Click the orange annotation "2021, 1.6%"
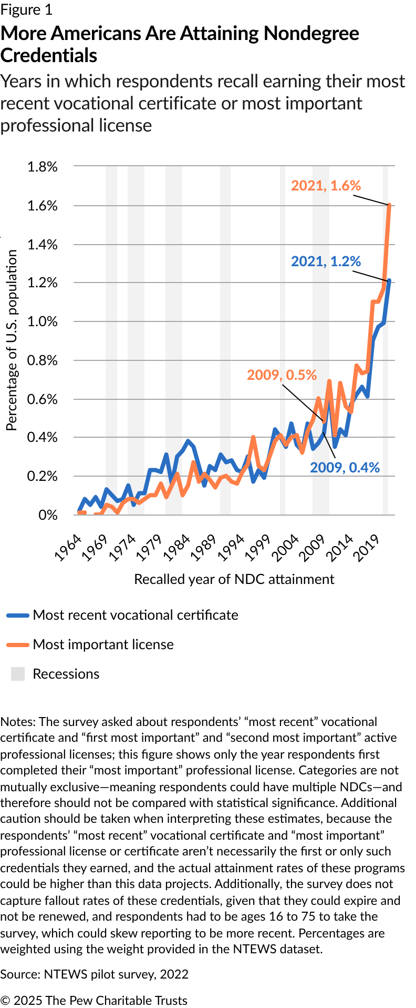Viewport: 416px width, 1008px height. point(326,186)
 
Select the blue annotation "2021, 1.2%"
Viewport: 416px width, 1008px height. point(326,261)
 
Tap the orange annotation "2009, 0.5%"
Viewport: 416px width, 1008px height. point(282,375)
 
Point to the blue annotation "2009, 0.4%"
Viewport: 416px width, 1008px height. point(345,468)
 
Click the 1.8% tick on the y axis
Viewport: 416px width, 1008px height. point(42,167)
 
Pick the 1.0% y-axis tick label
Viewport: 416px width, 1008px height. point(42,321)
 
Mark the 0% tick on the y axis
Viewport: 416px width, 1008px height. point(48,515)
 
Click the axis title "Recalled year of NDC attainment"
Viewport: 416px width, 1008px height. point(234,579)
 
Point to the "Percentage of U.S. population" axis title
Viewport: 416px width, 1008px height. point(12,340)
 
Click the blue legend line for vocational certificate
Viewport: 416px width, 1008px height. point(18,615)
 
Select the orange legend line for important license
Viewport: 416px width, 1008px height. point(18,644)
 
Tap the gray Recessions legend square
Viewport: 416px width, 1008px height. point(18,674)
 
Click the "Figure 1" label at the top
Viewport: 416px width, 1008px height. point(26,10)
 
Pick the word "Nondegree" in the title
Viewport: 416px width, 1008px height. point(311,34)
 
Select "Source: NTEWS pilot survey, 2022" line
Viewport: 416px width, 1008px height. point(95,974)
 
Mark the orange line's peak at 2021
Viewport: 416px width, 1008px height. point(389,205)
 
